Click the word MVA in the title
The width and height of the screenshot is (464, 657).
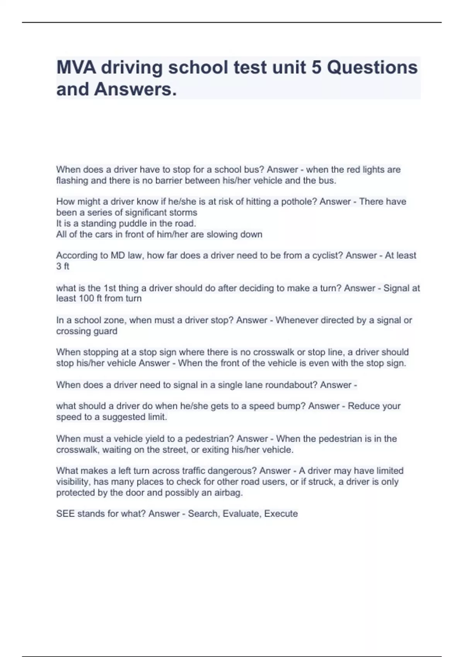pos(76,68)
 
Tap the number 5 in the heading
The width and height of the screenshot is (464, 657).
pos(316,68)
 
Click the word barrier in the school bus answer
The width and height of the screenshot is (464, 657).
pos(169,180)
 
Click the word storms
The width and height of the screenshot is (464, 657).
pos(184,212)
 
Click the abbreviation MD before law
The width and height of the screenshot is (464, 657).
pos(116,255)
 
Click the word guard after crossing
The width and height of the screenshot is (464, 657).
pos(106,331)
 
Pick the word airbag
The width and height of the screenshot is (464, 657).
pos(229,493)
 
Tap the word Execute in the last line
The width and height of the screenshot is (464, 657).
pos(281,514)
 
